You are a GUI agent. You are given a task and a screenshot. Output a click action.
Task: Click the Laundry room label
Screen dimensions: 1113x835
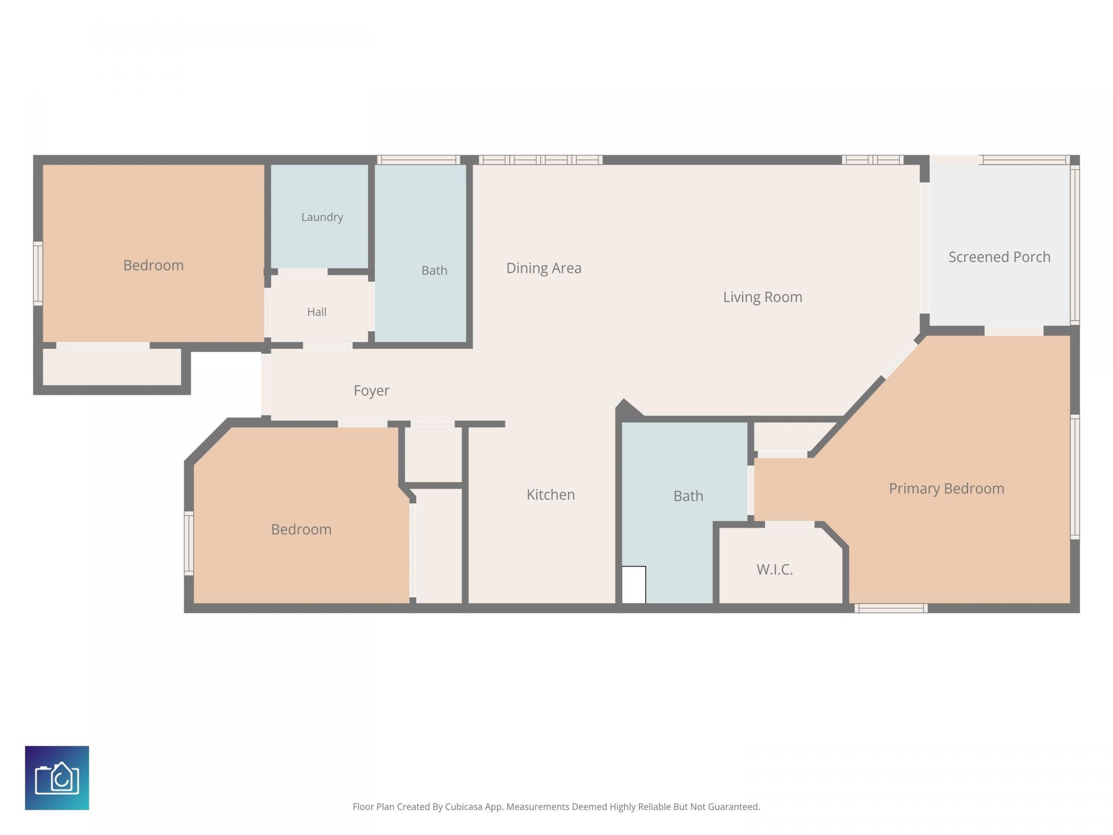(x=322, y=217)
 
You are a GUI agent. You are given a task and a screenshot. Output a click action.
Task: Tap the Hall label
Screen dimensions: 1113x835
(x=317, y=312)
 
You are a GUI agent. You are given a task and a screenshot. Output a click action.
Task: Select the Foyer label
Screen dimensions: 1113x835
(x=371, y=391)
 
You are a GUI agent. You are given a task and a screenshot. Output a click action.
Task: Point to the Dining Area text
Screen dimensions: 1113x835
(x=544, y=268)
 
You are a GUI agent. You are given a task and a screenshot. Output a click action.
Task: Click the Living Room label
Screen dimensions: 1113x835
(x=762, y=297)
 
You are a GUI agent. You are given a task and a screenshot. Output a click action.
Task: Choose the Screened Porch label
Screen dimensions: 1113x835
(x=999, y=257)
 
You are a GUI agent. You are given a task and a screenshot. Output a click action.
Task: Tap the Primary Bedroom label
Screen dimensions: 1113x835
(x=947, y=489)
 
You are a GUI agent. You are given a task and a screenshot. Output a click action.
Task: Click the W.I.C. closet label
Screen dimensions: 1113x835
(x=774, y=569)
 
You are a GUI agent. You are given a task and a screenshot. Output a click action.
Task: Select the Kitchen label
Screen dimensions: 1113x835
(x=551, y=495)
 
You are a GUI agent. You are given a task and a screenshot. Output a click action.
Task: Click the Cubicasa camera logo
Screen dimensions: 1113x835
(x=57, y=778)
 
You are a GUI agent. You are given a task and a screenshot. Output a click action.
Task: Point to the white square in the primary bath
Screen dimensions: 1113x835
(x=634, y=584)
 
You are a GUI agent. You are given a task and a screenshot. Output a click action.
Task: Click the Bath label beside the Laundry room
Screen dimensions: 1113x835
(x=434, y=270)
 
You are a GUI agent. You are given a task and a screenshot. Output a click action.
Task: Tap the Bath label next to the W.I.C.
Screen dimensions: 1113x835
(x=688, y=496)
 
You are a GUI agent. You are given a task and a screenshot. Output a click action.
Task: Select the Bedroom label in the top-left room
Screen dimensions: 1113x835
(x=153, y=266)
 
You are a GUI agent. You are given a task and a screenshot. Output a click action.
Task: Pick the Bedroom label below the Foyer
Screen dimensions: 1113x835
(x=301, y=529)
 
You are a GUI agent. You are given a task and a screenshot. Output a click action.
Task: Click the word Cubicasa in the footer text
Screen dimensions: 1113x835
(x=464, y=807)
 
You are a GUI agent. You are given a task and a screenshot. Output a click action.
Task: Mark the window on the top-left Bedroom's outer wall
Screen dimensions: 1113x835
(x=38, y=273)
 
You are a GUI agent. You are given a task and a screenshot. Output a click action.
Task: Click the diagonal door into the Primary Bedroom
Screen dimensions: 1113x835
(x=900, y=360)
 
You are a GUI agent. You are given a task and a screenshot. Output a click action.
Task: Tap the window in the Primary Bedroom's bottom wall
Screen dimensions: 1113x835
(x=891, y=608)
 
